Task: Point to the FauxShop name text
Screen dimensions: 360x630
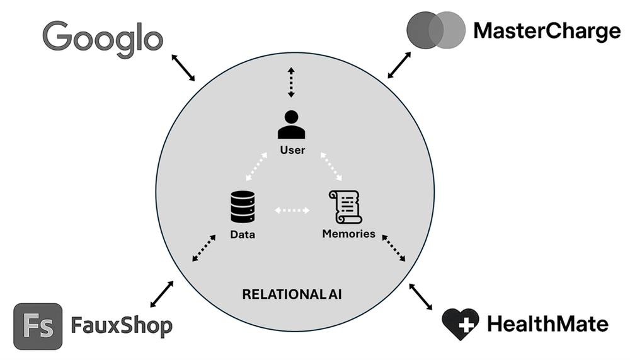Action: click(122, 327)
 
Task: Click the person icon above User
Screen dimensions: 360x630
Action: click(291, 125)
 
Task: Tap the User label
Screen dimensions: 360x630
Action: click(292, 151)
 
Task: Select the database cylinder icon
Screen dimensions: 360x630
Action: click(243, 207)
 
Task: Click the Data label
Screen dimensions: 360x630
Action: click(243, 235)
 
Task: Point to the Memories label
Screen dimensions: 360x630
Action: click(348, 234)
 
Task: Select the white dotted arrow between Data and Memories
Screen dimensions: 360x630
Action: click(293, 209)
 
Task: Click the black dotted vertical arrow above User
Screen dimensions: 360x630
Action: click(291, 82)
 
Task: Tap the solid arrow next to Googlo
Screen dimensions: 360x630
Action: click(183, 67)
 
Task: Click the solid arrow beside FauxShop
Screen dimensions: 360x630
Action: click(162, 294)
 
